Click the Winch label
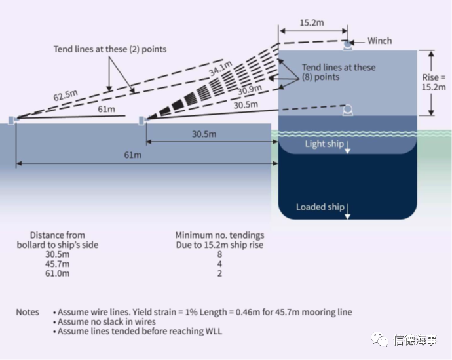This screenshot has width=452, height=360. click(379, 41)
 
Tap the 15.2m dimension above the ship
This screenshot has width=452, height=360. click(312, 22)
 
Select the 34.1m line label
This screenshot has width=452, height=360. click(221, 68)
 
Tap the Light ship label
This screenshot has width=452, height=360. click(324, 144)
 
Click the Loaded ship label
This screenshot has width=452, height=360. click(320, 207)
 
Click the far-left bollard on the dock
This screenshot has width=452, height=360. click(12, 120)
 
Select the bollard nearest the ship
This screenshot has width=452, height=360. click(142, 120)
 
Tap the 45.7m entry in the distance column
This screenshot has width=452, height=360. click(58, 264)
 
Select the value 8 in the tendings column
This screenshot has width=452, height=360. click(219, 254)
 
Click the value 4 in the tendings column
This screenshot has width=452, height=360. click(219, 264)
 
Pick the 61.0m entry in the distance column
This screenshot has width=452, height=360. click(58, 273)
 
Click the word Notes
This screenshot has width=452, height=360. click(28, 312)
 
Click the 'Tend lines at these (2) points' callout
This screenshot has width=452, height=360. click(110, 49)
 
